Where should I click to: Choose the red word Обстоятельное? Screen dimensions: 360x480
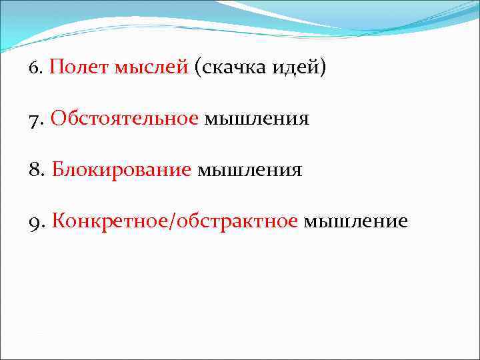point(125,119)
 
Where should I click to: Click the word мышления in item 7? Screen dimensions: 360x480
point(257,119)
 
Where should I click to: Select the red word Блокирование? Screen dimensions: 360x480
point(121,170)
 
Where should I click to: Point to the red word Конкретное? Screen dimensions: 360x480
point(110,221)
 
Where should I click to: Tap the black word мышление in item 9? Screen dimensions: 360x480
point(355,221)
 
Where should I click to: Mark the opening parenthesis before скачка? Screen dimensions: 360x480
point(198,69)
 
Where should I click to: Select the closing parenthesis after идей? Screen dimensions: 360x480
point(323,69)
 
